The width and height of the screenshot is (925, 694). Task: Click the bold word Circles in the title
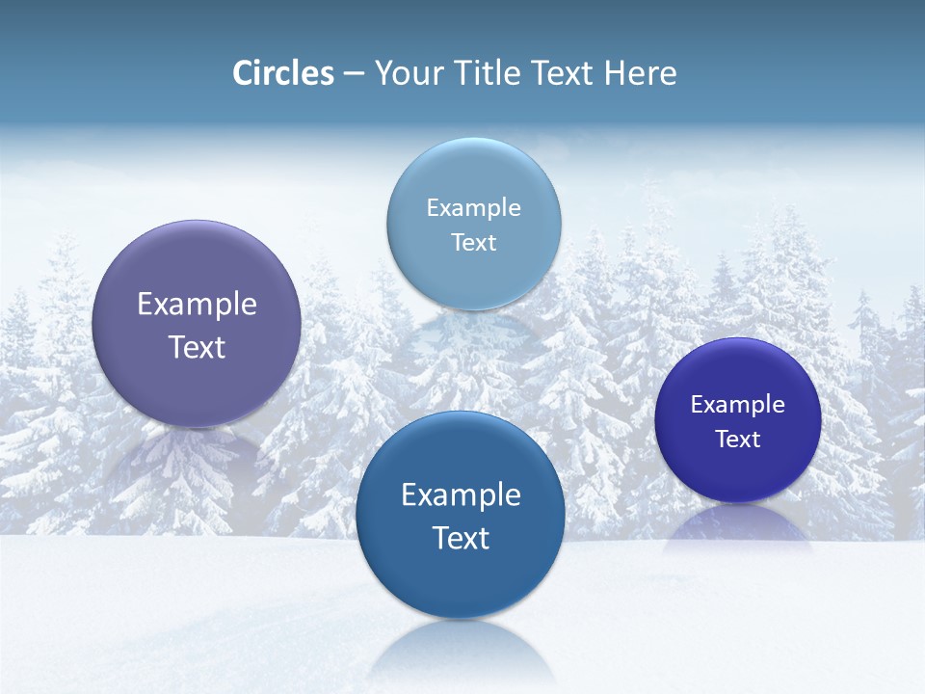pyautogui.click(x=283, y=73)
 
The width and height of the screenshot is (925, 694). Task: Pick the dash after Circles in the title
pyautogui.click(x=354, y=74)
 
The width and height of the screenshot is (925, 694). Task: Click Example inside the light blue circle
pyautogui.click(x=473, y=208)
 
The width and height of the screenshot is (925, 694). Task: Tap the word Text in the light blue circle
pyautogui.click(x=473, y=243)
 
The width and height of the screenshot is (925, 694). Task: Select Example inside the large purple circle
pyautogui.click(x=197, y=305)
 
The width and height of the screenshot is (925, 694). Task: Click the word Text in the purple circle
pyautogui.click(x=197, y=347)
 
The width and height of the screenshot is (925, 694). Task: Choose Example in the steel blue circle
pyautogui.click(x=461, y=495)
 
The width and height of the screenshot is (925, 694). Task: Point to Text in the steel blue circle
pyautogui.click(x=461, y=538)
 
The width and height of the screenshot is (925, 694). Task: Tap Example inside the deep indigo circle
pyautogui.click(x=737, y=405)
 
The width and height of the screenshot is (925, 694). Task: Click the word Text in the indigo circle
pyautogui.click(x=737, y=440)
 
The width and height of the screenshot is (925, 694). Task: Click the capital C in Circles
pyautogui.click(x=243, y=73)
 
